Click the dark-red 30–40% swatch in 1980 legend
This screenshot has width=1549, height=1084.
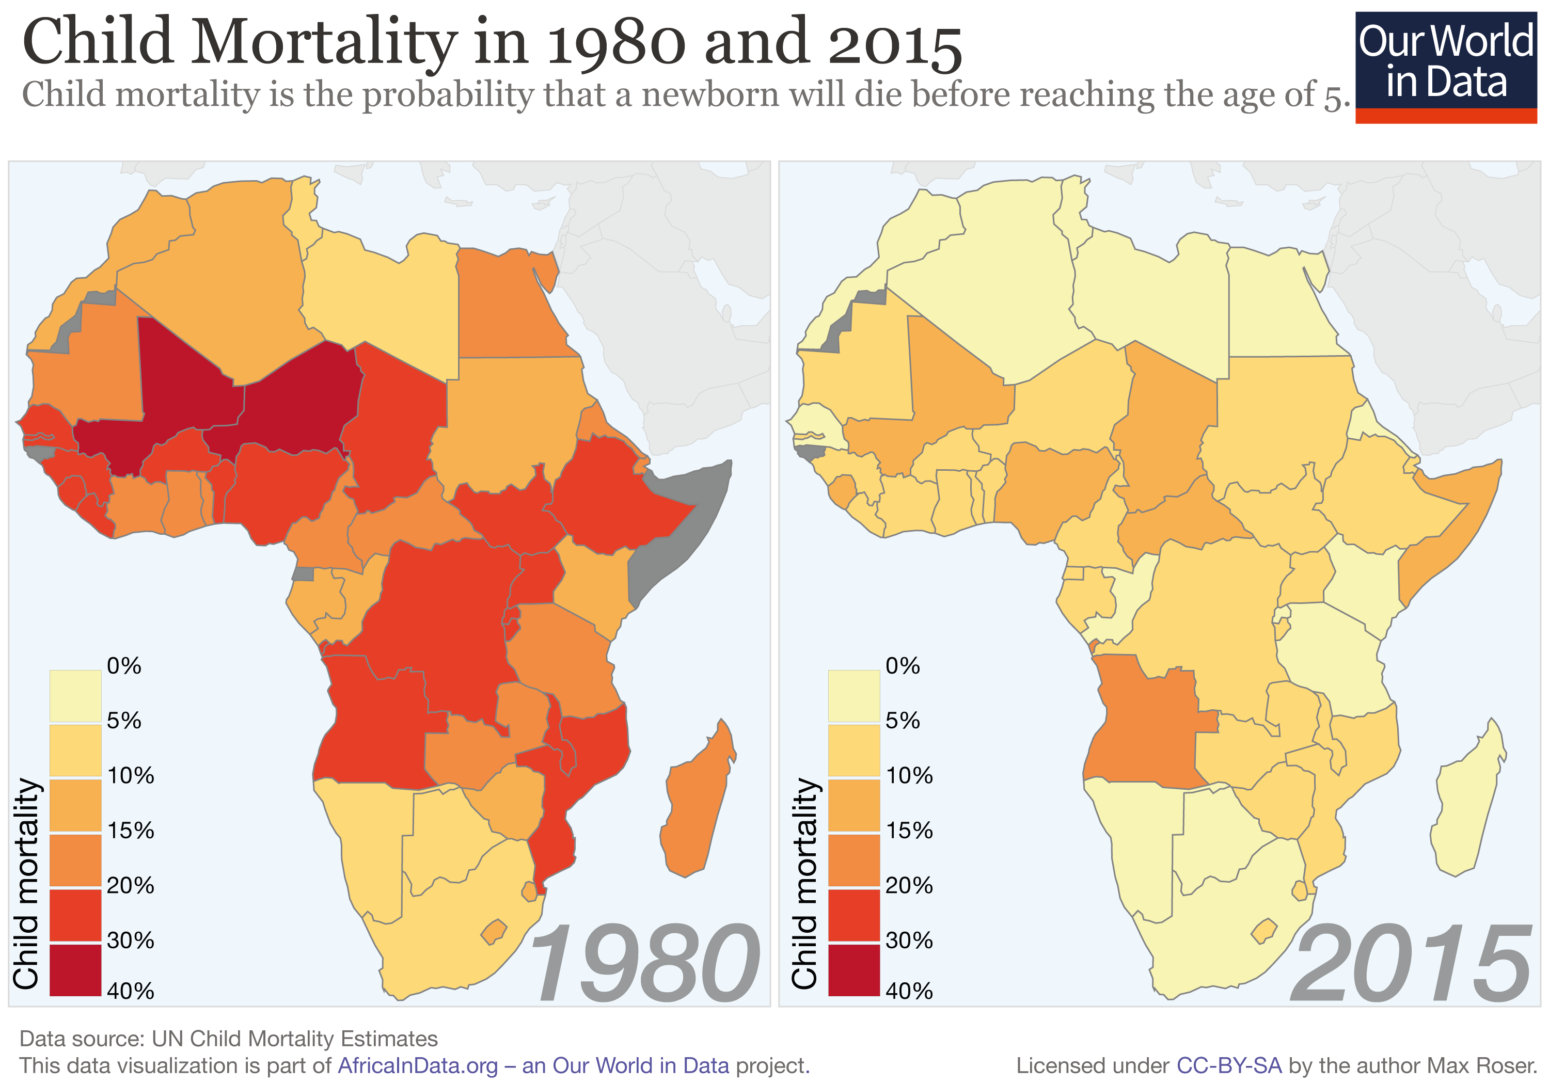click(x=75, y=969)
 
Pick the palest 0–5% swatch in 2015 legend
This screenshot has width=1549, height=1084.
click(x=853, y=695)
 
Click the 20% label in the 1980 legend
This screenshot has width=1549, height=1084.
click(x=130, y=884)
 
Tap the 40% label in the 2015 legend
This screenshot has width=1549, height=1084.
click(x=909, y=990)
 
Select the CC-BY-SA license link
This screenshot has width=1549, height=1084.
click(x=1228, y=1065)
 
